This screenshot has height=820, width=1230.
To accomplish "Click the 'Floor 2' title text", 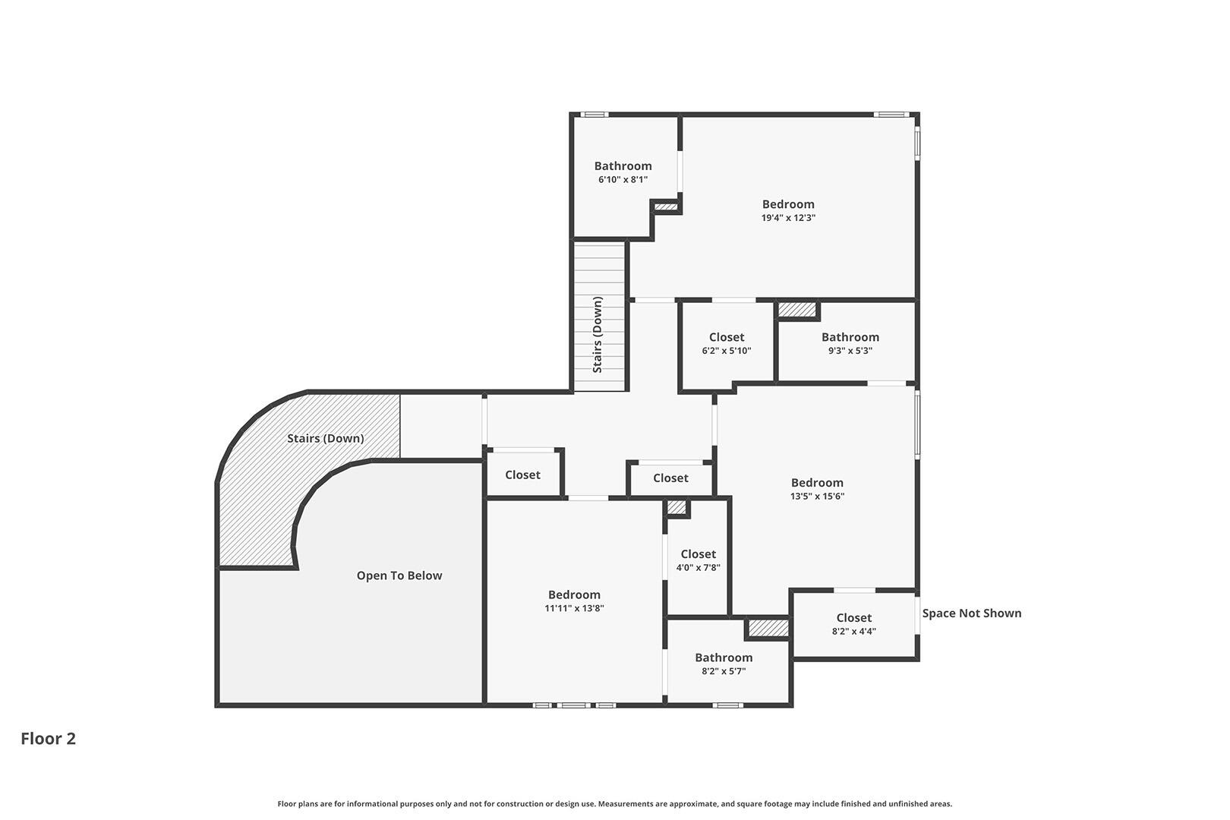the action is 49,739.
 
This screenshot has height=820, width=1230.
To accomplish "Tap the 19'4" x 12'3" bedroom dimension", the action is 788,217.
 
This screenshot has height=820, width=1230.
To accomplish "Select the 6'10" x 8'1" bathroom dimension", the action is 623,179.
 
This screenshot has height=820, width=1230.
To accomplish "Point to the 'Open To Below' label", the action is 399,576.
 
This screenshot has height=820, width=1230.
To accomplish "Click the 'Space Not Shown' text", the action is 972,613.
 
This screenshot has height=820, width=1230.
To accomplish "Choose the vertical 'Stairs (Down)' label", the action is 598,335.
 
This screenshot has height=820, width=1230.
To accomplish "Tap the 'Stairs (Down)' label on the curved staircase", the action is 326,438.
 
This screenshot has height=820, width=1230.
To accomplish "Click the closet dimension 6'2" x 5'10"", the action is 727,351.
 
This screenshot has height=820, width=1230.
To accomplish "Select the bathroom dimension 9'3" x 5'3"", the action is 850,351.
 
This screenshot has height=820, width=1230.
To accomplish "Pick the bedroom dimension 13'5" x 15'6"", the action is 817,496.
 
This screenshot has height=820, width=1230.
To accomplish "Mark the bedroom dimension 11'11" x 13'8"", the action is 574,608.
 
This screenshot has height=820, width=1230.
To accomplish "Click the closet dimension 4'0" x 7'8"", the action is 698,567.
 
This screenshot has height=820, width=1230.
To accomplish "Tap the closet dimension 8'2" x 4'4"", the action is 854,631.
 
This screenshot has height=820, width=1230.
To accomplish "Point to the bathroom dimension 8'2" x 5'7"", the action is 724,670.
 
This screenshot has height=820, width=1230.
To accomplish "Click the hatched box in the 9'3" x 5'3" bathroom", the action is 797,310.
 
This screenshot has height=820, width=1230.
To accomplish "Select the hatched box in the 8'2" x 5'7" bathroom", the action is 768,629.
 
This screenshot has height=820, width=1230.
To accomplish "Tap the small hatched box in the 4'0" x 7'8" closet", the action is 677,507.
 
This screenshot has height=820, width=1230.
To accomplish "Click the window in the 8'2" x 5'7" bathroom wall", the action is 727,705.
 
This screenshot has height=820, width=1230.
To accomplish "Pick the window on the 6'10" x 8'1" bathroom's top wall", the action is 594,114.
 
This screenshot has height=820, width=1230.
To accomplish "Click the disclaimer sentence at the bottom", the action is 614,803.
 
